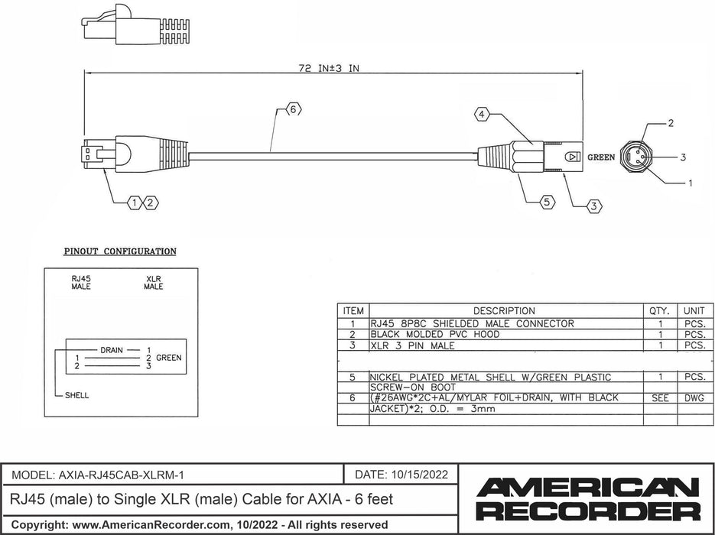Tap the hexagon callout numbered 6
click(292, 110)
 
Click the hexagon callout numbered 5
click(546, 203)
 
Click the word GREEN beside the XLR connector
click(601, 157)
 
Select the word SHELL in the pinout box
click(76, 395)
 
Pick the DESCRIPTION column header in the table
click(504, 311)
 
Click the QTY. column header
click(658, 311)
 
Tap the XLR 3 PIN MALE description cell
click(412, 345)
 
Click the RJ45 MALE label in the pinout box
click(80, 283)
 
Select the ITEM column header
click(353, 311)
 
